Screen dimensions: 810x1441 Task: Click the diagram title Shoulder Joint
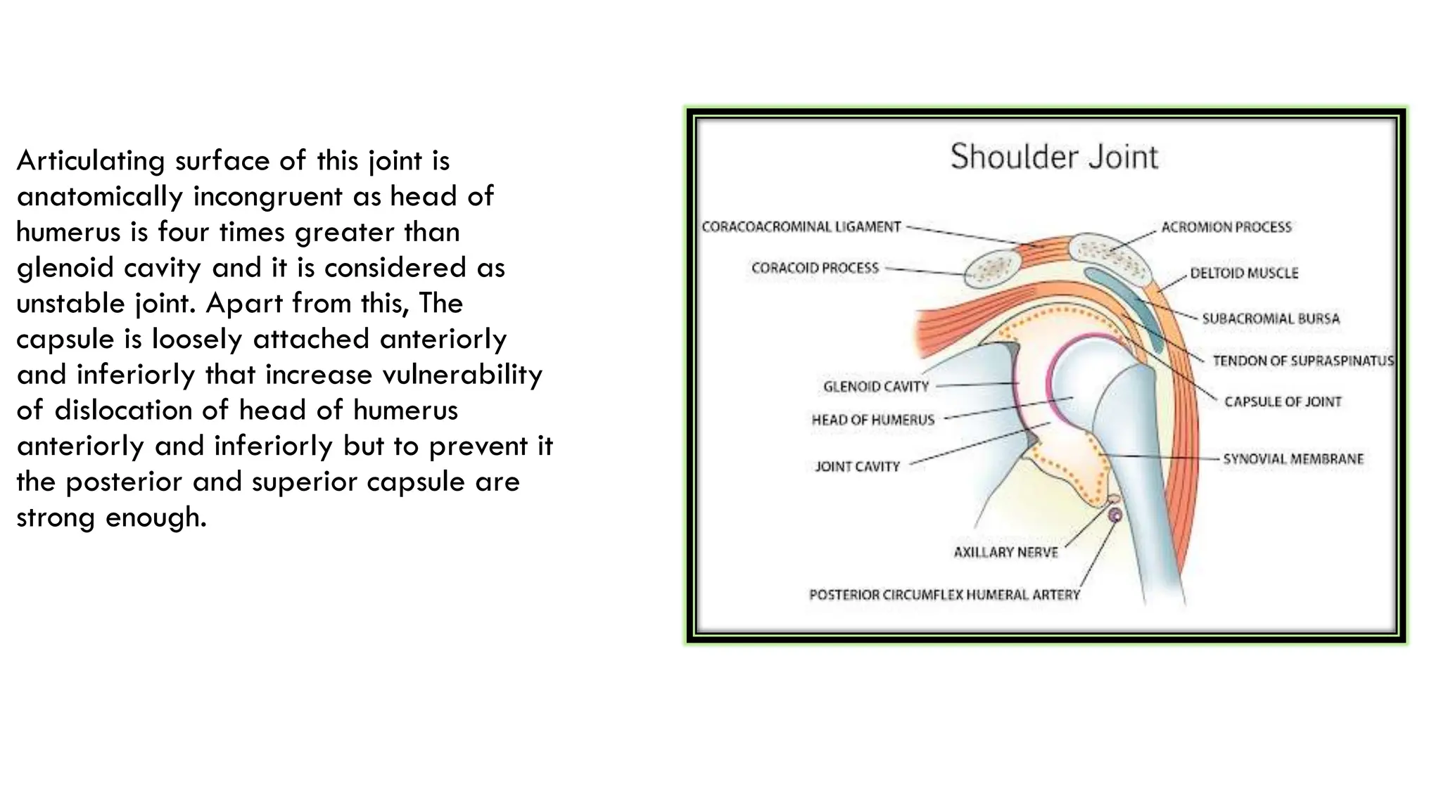tap(1053, 157)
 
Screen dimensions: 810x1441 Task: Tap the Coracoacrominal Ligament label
tap(801, 227)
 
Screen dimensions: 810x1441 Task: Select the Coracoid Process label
tap(815, 268)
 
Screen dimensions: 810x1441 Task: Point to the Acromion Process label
tap(1226, 227)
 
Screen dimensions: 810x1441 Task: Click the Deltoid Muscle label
tap(1244, 273)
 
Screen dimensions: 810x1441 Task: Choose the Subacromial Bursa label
tap(1271, 319)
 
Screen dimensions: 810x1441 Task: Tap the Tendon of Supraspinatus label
tap(1302, 361)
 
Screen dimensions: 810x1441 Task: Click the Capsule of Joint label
tap(1283, 401)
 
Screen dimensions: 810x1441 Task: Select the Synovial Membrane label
tap(1293, 459)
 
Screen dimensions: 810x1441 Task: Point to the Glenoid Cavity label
tap(876, 386)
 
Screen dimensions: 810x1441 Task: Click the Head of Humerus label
tap(872, 420)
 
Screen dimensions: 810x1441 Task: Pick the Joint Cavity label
tap(857, 466)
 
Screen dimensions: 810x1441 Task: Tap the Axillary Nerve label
tap(1005, 553)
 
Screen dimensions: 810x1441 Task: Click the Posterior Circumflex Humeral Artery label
tap(944, 595)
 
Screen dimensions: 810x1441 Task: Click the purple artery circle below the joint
tap(1115, 515)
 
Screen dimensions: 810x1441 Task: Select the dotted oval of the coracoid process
tap(992, 271)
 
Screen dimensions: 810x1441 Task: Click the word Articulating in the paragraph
tap(91, 161)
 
